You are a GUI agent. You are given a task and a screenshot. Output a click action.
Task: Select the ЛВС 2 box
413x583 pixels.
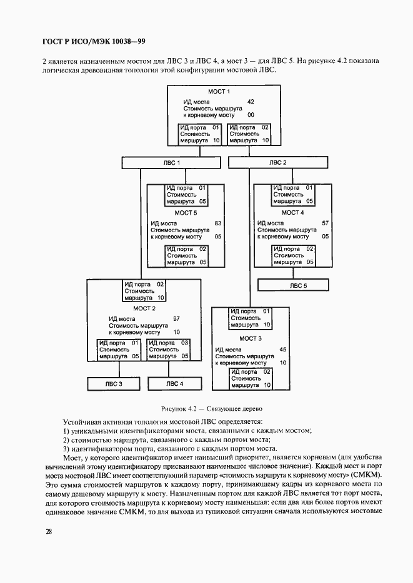tap(277, 162)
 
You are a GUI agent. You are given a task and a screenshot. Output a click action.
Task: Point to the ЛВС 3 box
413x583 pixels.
tap(113, 383)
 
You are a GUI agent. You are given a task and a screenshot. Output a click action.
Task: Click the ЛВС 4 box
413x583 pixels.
tap(174, 383)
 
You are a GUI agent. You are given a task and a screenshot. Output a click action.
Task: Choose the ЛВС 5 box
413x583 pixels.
tap(297, 285)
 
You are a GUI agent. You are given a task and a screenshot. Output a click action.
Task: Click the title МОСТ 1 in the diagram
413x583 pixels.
tap(219, 92)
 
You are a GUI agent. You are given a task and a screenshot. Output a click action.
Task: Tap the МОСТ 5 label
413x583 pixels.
tap(186, 213)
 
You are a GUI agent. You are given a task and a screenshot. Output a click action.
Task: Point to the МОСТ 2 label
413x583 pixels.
tap(144, 308)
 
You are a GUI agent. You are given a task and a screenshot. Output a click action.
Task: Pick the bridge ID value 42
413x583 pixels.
tap(251, 101)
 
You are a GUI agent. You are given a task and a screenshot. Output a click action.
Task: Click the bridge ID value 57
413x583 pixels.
tap(325, 223)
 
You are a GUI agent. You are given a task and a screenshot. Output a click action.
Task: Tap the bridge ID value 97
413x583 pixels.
tap(176, 318)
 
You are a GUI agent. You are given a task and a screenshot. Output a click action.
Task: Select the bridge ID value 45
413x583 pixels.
tap(282, 350)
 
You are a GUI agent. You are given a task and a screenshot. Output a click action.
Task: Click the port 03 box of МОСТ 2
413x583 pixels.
tap(169, 350)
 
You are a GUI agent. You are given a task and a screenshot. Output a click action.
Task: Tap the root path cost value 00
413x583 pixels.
tap(251, 115)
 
